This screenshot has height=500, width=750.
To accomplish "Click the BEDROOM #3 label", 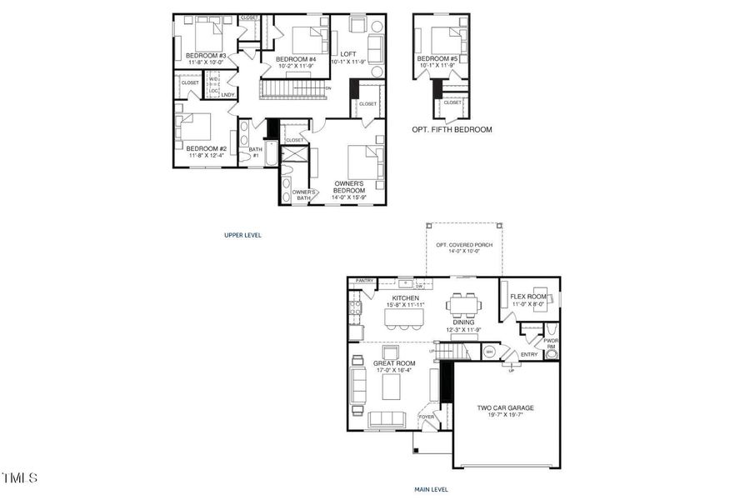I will [x=201, y=56].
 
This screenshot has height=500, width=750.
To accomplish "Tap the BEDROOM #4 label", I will [x=296, y=58].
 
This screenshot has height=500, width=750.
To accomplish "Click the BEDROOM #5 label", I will [x=437, y=58].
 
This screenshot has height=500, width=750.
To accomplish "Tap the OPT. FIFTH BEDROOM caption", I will [x=452, y=130].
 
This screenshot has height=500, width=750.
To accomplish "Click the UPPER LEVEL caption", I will [x=242, y=235].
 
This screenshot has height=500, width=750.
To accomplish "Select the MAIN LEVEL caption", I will [x=431, y=490].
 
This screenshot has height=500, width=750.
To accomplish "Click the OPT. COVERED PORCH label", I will [x=464, y=245].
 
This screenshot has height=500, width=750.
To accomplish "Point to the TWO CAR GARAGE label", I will [x=505, y=408].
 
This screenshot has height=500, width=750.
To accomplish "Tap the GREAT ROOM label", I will [x=394, y=362].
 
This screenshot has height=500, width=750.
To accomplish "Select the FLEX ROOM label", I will [x=527, y=297].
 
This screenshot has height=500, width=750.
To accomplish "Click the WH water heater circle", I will [x=488, y=352].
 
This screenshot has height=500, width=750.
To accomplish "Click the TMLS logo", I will [x=20, y=478].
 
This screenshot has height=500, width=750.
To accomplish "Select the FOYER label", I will [x=427, y=416].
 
